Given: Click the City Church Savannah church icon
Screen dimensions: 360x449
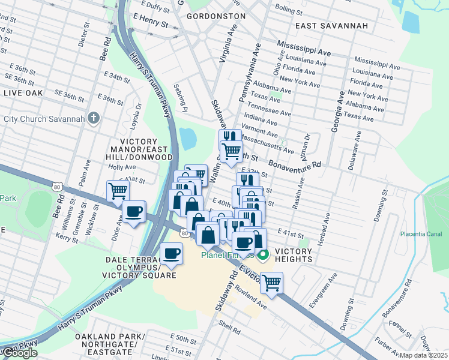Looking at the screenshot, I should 92,118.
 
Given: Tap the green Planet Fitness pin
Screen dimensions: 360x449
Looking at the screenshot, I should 263,255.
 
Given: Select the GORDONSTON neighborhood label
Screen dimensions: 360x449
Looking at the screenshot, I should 215,16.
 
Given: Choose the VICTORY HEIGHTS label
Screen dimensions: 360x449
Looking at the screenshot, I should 293,255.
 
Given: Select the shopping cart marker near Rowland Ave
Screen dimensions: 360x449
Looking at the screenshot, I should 271,283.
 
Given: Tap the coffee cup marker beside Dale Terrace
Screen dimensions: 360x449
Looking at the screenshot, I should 172,254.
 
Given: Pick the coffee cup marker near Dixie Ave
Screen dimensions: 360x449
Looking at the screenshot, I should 134,212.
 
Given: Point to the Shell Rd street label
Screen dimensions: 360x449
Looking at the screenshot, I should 229,329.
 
